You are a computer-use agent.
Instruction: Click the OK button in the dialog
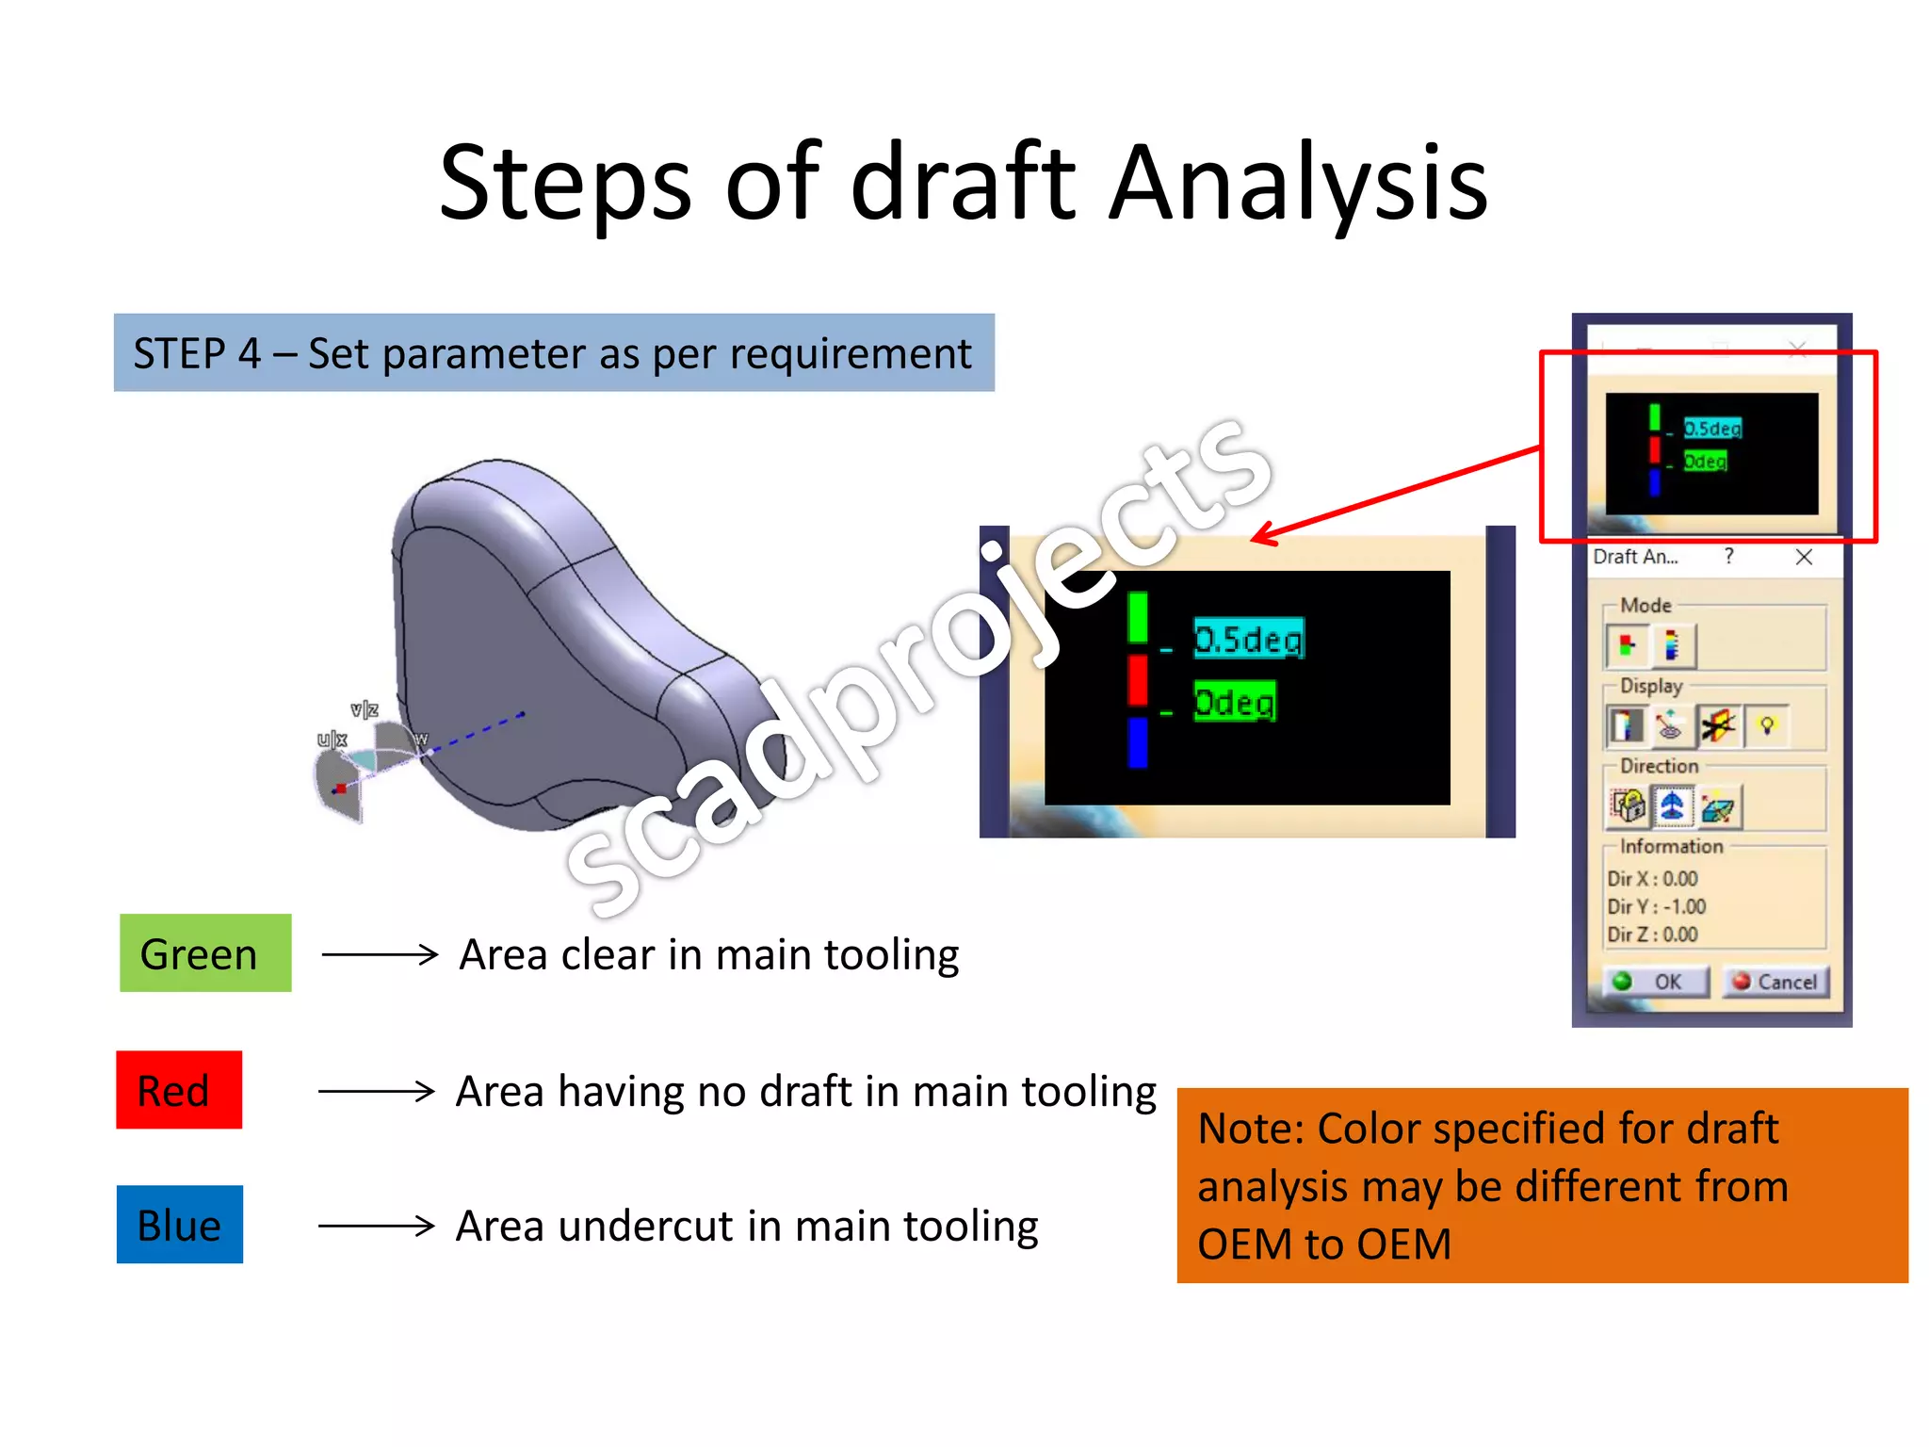1656,982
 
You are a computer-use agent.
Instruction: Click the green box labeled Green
205,953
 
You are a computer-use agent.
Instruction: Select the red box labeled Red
179,1090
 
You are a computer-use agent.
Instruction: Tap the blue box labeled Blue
180,1225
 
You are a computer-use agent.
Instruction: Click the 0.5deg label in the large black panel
1248,640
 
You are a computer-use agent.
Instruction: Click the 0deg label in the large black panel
1234,703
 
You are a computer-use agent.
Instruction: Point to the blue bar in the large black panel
1138,742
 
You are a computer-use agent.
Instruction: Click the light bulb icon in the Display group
1767,725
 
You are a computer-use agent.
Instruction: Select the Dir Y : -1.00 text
1656,906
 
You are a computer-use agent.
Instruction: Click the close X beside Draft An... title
1804,557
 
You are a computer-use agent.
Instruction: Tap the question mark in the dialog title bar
1728,557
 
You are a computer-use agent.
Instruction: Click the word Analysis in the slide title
1297,184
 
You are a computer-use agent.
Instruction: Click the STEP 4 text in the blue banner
196,354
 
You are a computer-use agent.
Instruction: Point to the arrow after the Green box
379,954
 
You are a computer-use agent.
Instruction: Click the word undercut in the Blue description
645,1227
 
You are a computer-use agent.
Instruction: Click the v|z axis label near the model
365,709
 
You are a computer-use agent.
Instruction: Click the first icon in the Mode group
1627,645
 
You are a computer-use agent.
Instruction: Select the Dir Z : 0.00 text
1652,935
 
